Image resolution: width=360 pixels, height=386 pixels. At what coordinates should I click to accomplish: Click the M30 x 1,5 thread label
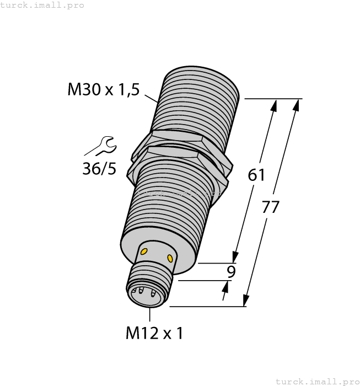(103, 89)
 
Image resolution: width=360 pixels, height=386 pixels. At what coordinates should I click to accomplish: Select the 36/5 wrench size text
(99, 168)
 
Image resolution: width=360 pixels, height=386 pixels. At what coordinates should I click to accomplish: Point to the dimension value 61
(256, 175)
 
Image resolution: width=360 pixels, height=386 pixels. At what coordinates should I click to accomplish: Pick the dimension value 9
(232, 271)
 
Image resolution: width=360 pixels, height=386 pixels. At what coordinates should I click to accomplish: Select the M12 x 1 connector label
(154, 333)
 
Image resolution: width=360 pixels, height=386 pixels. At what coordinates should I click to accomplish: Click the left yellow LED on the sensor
(144, 251)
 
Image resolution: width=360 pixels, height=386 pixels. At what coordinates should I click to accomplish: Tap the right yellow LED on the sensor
(170, 258)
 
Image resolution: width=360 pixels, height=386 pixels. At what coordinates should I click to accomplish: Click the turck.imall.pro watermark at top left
(42, 5)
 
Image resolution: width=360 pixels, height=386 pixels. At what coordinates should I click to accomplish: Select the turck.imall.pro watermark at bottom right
(317, 381)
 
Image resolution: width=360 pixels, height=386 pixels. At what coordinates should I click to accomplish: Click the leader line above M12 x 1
(150, 314)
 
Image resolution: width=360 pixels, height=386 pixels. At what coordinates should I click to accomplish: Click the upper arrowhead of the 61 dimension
(273, 105)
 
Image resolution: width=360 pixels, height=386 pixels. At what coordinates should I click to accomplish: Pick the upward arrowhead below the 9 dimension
(226, 285)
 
